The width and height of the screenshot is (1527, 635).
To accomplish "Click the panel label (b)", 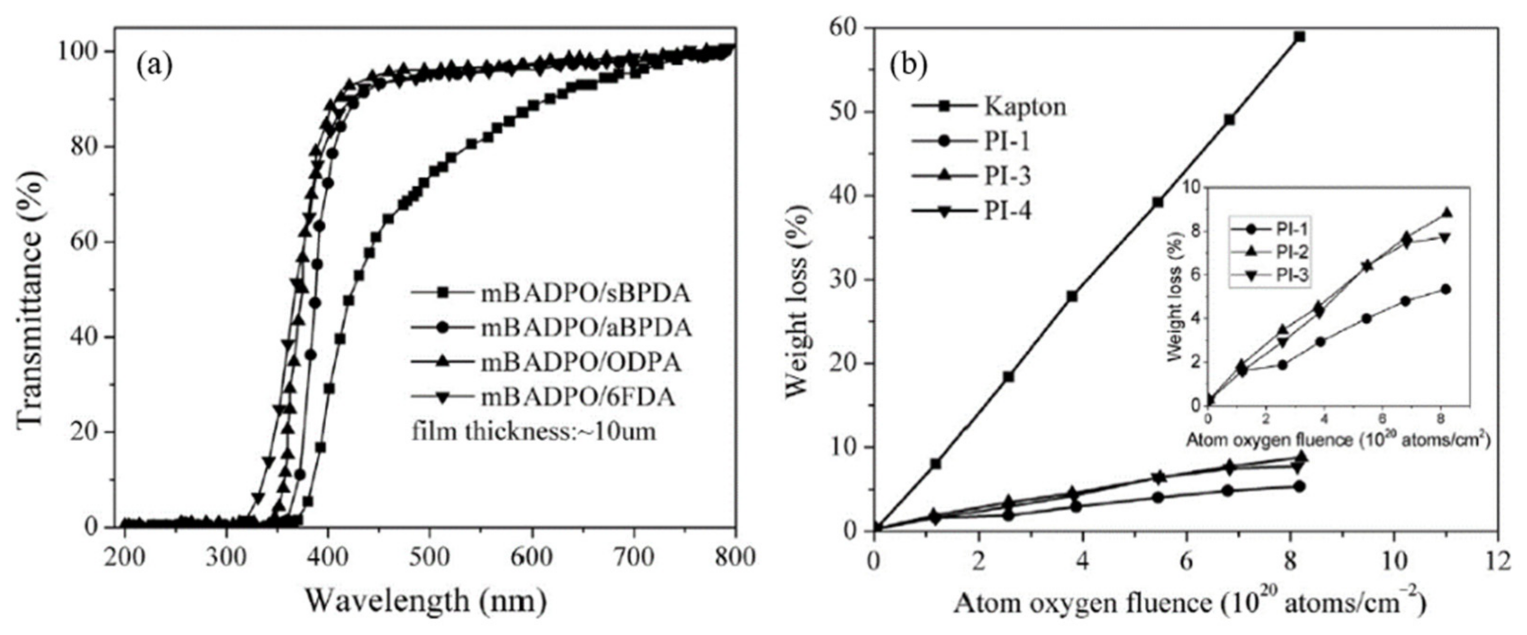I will (908, 66).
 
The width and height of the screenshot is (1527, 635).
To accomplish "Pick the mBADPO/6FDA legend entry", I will (577, 397).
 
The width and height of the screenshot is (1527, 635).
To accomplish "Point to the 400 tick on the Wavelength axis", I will (328, 558).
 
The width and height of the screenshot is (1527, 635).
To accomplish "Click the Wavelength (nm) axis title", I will (425, 602).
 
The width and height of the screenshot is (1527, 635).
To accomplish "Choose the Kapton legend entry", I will (1025, 107).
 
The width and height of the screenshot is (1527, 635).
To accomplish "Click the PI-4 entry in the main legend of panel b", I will (1008, 210).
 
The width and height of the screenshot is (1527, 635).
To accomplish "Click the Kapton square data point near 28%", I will (1072, 296).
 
